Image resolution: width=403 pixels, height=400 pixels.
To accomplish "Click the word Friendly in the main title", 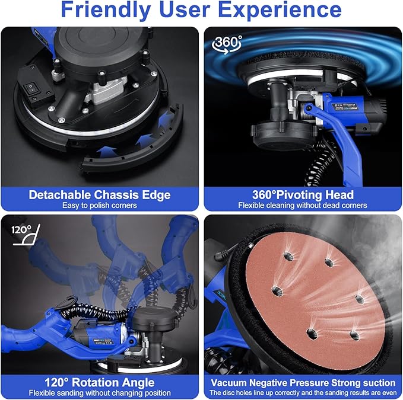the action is (x=106, y=9).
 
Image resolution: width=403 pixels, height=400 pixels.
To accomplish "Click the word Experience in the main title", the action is (x=280, y=9).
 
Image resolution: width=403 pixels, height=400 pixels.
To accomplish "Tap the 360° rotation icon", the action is (x=227, y=44).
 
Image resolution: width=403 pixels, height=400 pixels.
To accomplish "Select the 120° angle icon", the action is (x=27, y=235).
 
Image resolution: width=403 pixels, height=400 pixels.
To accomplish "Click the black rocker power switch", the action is (x=31, y=88).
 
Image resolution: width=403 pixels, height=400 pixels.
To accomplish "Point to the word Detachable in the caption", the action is (x=60, y=195).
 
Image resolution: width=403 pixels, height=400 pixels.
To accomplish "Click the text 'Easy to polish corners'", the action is (x=100, y=206).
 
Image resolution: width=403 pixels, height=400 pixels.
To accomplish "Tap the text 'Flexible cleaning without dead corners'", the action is (x=303, y=206).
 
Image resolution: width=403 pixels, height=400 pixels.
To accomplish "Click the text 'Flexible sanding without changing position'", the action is (x=100, y=393).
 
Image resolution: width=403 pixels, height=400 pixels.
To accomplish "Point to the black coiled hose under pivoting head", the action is (x=320, y=164).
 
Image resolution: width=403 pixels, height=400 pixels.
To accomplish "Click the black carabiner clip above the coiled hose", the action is (x=65, y=302).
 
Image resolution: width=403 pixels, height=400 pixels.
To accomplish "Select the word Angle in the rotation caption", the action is (x=138, y=383).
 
